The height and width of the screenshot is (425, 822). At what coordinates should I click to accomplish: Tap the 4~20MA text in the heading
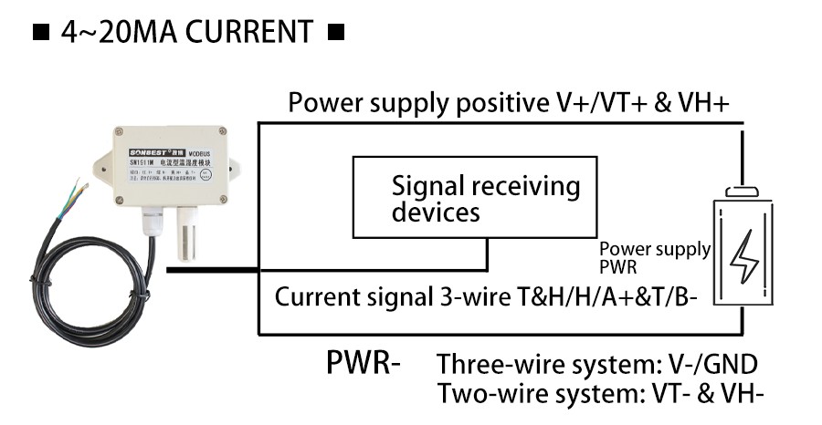pos(121,33)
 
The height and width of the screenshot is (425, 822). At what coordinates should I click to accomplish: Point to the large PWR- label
pos(364,362)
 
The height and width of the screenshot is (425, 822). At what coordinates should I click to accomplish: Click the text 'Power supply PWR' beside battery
pos(654,257)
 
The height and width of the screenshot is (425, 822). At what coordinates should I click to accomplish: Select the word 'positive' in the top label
pos(494,102)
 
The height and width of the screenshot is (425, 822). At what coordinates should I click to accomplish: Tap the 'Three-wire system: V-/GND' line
pos(597,366)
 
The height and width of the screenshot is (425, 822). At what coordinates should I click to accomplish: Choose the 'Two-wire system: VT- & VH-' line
pos(600,394)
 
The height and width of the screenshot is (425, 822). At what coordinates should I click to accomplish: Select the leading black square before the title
pos(40,34)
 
